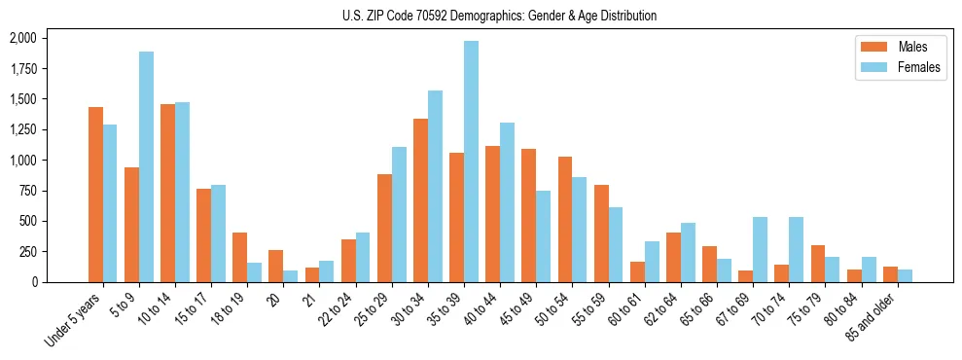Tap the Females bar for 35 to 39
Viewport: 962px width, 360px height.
(471, 162)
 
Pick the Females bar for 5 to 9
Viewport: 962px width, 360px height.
(146, 166)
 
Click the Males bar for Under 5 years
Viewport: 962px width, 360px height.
(95, 195)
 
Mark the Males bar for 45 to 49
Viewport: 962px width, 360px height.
(528, 215)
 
